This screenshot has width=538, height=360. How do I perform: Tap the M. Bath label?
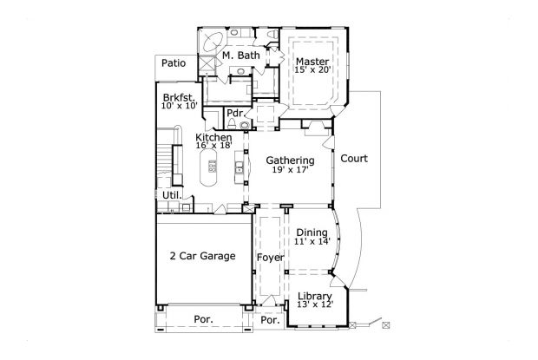coord(239,56)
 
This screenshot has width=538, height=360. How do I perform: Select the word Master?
coord(311,61)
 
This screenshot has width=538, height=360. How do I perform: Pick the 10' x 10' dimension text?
coord(180,107)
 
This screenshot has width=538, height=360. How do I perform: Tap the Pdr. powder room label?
coord(234,114)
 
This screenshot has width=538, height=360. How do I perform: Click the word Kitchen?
coord(213,138)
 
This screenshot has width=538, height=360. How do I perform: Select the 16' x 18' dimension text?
coord(213,147)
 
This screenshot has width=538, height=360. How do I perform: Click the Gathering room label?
coord(291,160)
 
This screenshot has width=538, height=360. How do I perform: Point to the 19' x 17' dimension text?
coord(291,171)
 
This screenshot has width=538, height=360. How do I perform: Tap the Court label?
coord(354,159)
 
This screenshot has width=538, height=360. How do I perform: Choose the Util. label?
coord(171,196)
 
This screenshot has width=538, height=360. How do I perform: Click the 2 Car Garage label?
coord(202,256)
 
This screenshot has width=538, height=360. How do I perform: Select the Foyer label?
coord(269,259)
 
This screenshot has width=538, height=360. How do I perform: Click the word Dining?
coord(312,232)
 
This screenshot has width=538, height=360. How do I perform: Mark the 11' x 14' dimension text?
coord(312,243)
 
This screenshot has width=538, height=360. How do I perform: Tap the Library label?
coord(314,296)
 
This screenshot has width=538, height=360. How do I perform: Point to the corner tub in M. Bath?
coord(212,41)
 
